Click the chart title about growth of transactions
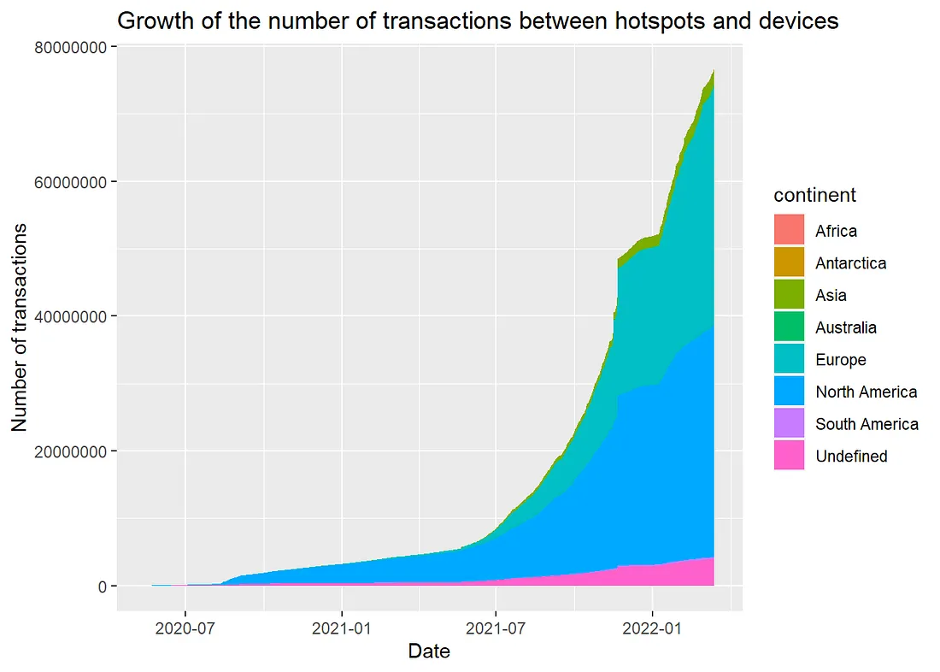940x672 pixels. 477,21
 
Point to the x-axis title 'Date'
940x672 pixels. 429,651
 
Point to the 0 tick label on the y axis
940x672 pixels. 101,587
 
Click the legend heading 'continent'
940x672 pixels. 814,195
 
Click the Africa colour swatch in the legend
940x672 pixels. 790,231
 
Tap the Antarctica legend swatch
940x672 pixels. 790,263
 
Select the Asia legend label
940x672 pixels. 831,296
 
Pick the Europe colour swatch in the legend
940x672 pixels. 790,360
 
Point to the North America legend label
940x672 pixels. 866,392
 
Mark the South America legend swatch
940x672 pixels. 790,424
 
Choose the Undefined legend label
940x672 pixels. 851,457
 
